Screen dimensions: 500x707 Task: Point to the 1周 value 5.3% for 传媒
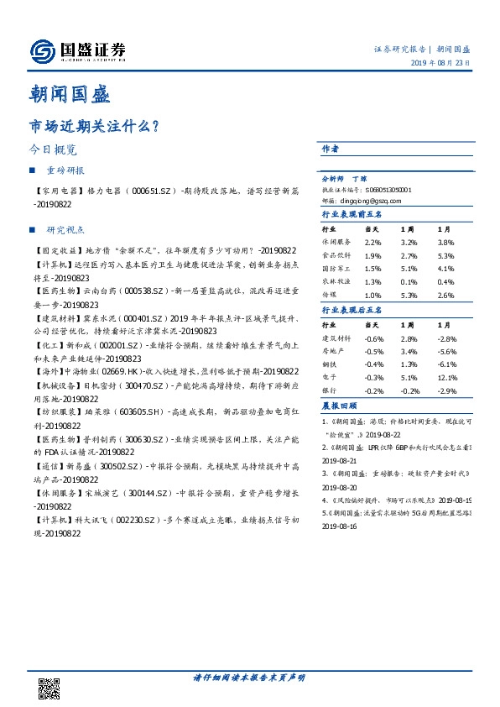pos(408,296)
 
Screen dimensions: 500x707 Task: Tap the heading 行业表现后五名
pos(352,311)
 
